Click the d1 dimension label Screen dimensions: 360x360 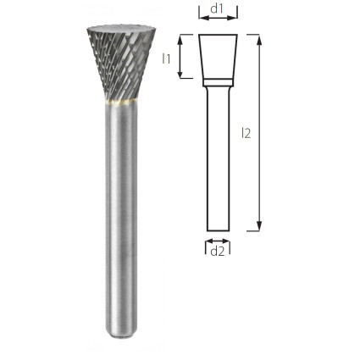coord(217,9)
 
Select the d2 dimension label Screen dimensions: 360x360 coord(218,251)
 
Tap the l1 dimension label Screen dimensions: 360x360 coord(166,58)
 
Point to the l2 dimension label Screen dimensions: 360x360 coord(246,133)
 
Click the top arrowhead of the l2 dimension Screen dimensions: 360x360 coord(259,40)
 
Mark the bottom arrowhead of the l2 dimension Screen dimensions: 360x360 coord(259,225)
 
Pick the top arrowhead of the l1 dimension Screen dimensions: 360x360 coord(180,40)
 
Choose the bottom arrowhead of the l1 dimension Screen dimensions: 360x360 coord(180,73)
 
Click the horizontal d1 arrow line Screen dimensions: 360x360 coord(218,18)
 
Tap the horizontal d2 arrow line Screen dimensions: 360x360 coord(218,241)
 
